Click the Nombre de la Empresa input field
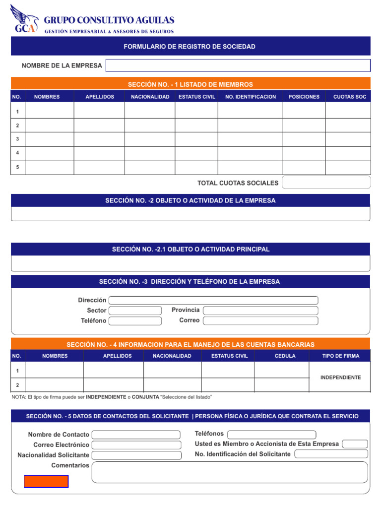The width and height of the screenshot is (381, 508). tap(238, 65)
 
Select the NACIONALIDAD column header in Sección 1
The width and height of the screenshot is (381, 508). tap(150, 97)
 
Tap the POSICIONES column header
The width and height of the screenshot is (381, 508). tap(304, 97)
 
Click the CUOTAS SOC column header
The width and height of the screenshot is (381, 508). tap(349, 97)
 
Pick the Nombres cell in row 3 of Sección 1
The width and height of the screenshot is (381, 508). tap(49, 139)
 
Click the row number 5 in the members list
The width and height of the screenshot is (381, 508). tap(17, 167)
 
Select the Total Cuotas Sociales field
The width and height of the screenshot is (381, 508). tap(326, 183)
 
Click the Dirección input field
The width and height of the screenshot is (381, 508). tap(213, 300)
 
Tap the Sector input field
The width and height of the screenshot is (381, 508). tap(135, 311)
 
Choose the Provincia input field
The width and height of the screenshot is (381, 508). tap(260, 311)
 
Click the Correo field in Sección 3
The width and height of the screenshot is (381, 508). tap(260, 320)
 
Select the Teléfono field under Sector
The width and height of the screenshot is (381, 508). tap(135, 321)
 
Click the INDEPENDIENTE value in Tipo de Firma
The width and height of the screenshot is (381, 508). tap(340, 378)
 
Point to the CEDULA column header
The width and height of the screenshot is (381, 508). tap(285, 356)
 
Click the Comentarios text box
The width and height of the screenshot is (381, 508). tap(230, 472)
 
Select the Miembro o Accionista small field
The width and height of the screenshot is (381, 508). tap(355, 444)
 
